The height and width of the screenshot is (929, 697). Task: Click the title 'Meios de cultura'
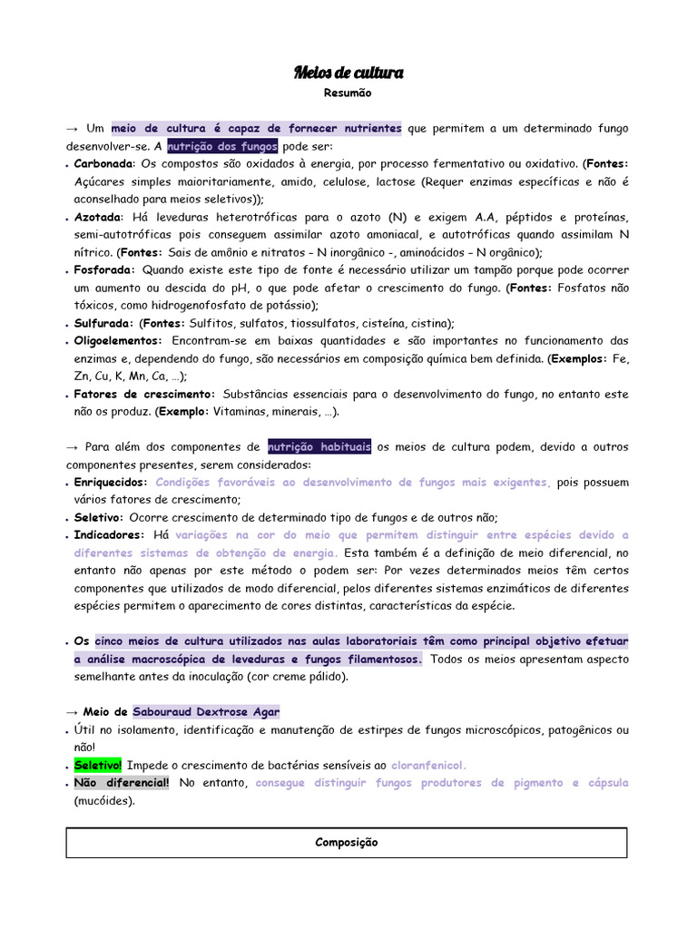click(x=348, y=73)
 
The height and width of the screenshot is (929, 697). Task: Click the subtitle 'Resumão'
click(x=348, y=93)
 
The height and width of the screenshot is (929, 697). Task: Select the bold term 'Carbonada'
click(x=103, y=164)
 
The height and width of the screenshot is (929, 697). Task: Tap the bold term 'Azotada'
click(x=97, y=218)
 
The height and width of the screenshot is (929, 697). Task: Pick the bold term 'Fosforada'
click(x=103, y=270)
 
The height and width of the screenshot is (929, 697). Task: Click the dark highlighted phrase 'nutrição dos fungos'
click(x=222, y=147)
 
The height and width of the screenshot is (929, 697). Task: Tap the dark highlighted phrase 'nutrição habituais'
click(x=319, y=446)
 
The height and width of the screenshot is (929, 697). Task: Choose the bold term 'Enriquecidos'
click(x=110, y=482)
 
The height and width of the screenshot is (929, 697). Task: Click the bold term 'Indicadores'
click(x=108, y=535)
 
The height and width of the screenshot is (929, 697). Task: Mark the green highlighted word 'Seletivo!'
click(x=98, y=765)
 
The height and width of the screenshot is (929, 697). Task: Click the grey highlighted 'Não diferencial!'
click(x=121, y=783)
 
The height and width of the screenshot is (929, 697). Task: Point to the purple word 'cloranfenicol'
click(x=427, y=765)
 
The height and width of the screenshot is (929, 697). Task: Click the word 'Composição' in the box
click(x=347, y=843)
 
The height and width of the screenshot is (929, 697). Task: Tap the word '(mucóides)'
click(x=104, y=801)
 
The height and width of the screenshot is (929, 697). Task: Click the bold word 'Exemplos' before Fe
click(x=575, y=358)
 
